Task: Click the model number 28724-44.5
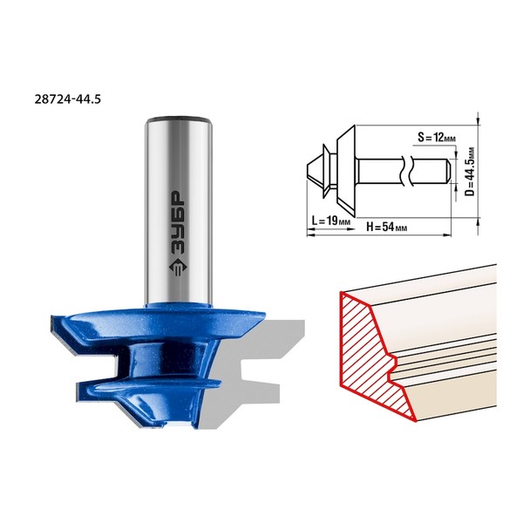67,99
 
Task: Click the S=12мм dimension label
437,138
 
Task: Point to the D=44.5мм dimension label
470,172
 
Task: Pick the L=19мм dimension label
331,221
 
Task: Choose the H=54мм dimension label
386,228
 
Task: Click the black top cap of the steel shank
179,118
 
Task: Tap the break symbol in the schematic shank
407,171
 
